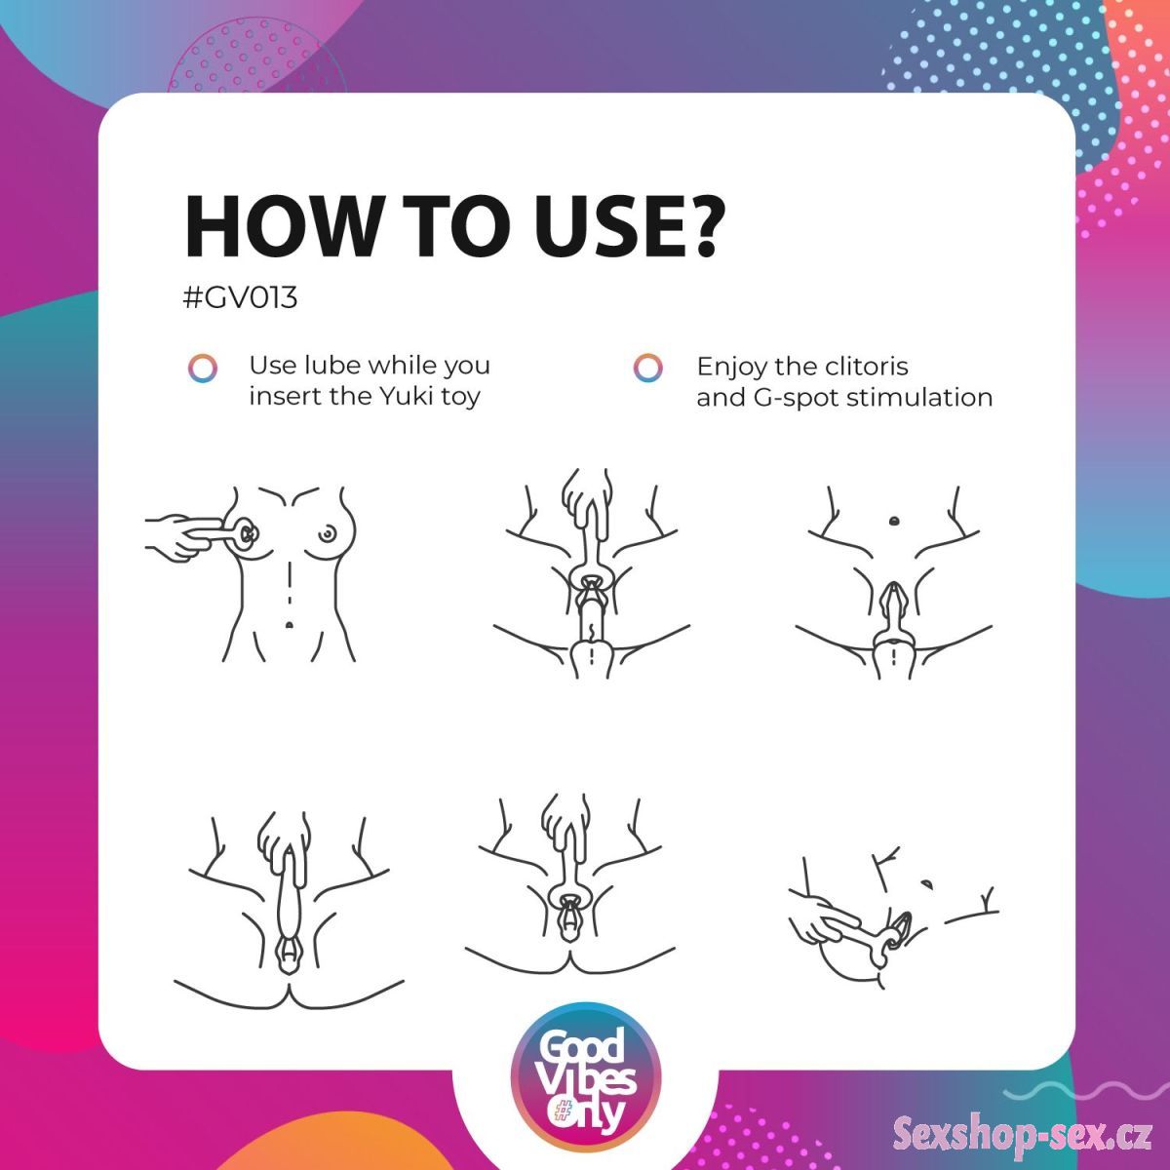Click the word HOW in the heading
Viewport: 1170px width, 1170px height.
pyautogui.click(x=280, y=227)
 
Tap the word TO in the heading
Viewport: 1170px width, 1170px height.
pyautogui.click(x=458, y=227)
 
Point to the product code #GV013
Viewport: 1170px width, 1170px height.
pyautogui.click(x=241, y=298)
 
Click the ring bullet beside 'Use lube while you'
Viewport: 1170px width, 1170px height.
pyautogui.click(x=202, y=368)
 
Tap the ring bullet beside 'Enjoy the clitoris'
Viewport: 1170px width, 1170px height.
pyautogui.click(x=647, y=368)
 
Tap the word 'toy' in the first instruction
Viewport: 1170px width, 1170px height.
pyautogui.click(x=460, y=399)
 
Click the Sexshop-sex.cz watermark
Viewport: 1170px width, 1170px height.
pyautogui.click(x=1023, y=1135)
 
